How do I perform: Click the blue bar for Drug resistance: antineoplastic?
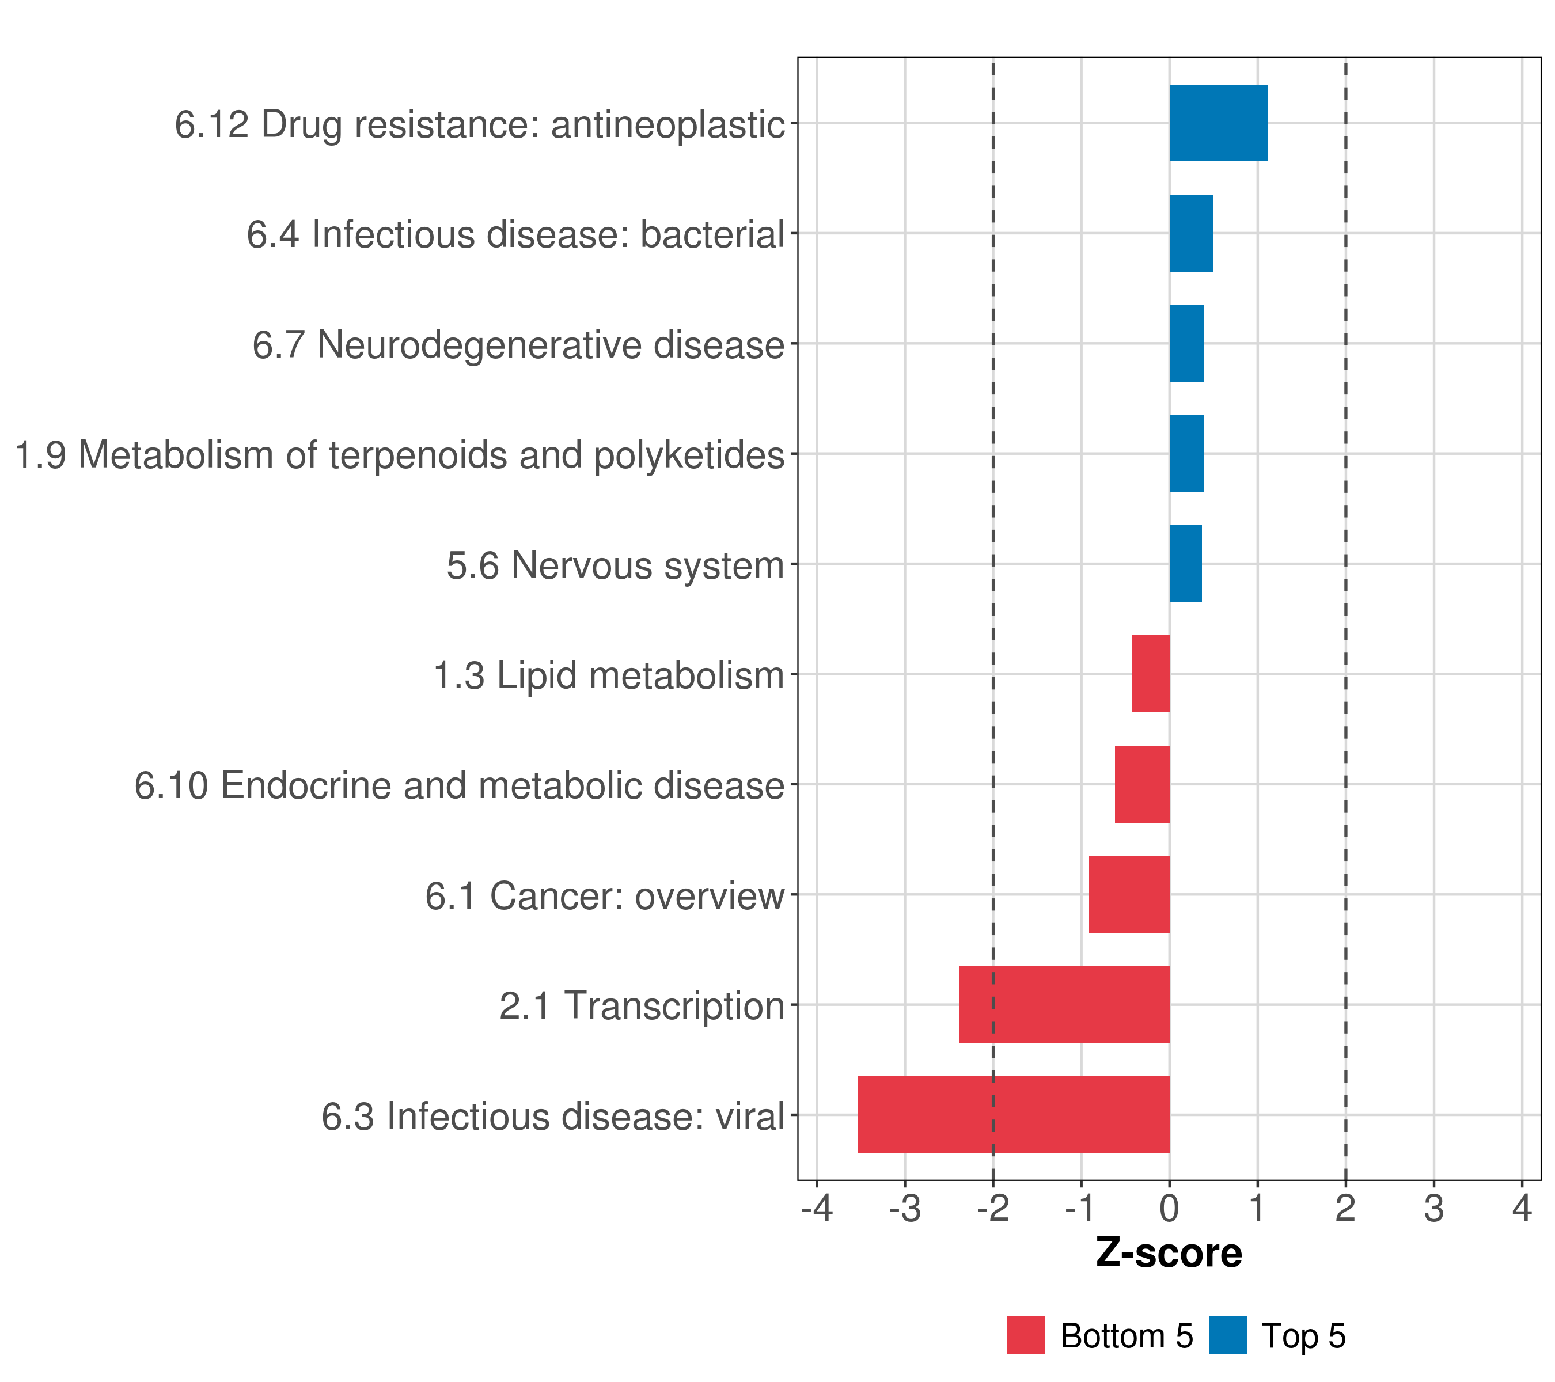1218,123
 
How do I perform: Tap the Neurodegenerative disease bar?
1186,343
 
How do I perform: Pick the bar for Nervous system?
1185,564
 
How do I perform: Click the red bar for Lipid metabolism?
1150,674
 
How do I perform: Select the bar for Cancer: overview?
1129,894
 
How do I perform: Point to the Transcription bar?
1064,1005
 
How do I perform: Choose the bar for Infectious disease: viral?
1013,1115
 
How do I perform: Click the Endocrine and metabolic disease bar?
1142,784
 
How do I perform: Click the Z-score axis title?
1169,1252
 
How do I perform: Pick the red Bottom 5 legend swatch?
1026,1335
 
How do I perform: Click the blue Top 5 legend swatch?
1227,1335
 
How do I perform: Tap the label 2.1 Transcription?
642,1005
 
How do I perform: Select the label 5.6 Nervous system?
615,565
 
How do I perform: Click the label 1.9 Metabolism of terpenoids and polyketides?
399,455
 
